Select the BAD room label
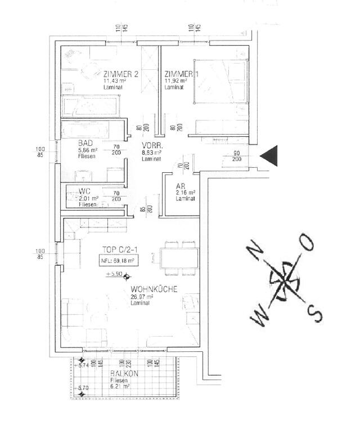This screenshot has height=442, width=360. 85,144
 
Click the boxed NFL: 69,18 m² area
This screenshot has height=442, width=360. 118,261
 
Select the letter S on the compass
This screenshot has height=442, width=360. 316,311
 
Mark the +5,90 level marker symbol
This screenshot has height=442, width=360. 126,276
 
